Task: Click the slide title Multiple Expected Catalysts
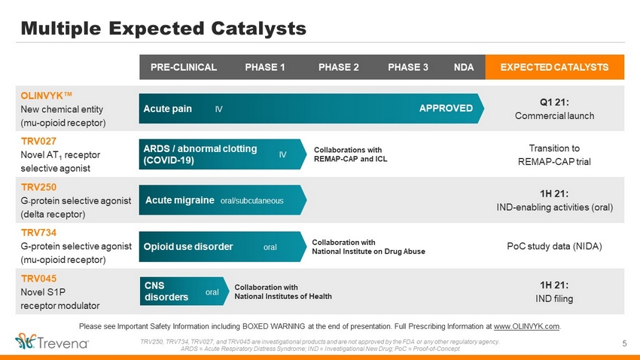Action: pyautogui.click(x=163, y=28)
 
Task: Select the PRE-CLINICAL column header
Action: pyautogui.click(x=184, y=67)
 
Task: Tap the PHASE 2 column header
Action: pyautogui.click(x=338, y=67)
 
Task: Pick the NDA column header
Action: pyautogui.click(x=464, y=67)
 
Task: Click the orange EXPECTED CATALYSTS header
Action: pyautogui.click(x=554, y=67)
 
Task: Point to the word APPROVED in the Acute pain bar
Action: pyautogui.click(x=446, y=108)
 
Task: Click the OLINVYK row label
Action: pyautogui.click(x=46, y=96)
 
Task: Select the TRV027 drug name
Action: pyautogui.click(x=38, y=142)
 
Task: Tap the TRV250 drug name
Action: pyautogui.click(x=38, y=187)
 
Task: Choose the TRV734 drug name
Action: pyautogui.click(x=38, y=233)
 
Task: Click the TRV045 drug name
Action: pyautogui.click(x=38, y=279)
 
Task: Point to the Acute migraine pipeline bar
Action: pyautogui.click(x=222, y=200)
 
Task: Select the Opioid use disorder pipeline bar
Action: pyautogui.click(x=222, y=246)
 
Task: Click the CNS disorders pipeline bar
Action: pyautogui.click(x=184, y=291)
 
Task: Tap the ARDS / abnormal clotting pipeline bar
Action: pyautogui.click(x=222, y=154)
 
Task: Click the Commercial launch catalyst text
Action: pyautogui.click(x=554, y=116)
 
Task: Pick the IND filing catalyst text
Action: pyautogui.click(x=554, y=299)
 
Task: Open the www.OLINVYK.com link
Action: pyautogui.click(x=526, y=327)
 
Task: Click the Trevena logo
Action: pyautogui.click(x=52, y=342)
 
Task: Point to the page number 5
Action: pyautogui.click(x=624, y=343)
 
